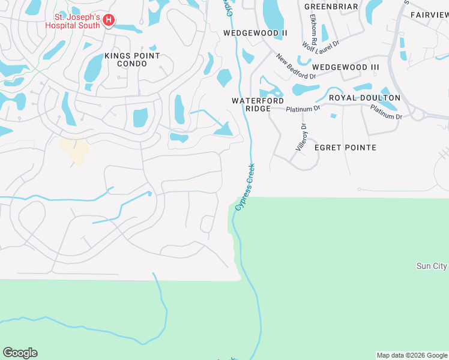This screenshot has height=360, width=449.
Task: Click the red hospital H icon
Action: [109, 21]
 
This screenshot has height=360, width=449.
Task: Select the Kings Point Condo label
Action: [132, 59]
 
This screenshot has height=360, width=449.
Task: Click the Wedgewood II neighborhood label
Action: [251, 32]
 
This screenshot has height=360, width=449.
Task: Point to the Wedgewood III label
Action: [346, 67]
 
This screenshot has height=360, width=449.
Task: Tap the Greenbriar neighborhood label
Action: [331, 7]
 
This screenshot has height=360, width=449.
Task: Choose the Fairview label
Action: [429, 14]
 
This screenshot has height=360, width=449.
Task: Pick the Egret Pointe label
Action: [352, 148]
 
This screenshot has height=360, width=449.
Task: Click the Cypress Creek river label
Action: [246, 186]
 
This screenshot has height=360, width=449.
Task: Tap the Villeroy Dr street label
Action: [301, 137]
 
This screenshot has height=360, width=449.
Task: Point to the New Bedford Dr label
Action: [296, 67]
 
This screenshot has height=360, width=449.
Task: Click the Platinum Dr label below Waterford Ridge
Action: [303, 109]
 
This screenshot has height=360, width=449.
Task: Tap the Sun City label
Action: [432, 266]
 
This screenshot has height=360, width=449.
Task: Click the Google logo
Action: [20, 353]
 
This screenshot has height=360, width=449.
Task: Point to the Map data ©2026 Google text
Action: [412, 355]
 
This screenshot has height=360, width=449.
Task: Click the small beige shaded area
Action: [76, 150]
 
